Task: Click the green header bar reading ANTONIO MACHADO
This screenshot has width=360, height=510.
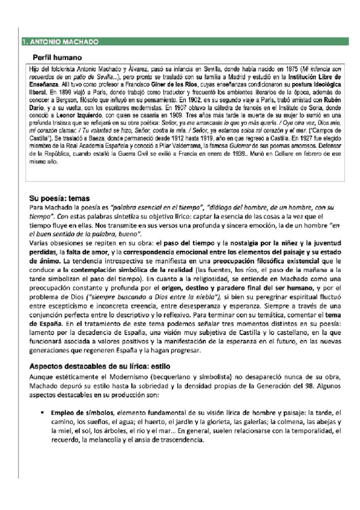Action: (180, 42)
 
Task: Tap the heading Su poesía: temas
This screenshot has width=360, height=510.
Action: (67, 197)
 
